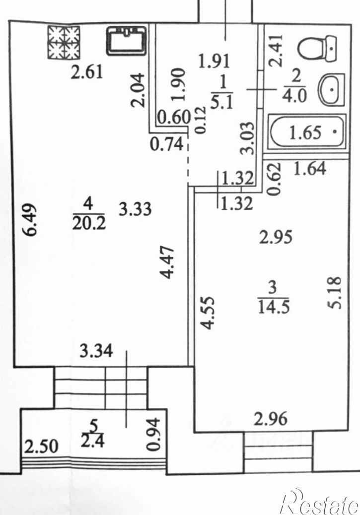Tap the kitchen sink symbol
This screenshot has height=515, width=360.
(x=126, y=41)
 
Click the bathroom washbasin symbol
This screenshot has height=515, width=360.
(x=331, y=90)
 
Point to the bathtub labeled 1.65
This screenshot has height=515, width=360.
(x=308, y=132)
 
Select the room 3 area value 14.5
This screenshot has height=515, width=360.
(x=274, y=308)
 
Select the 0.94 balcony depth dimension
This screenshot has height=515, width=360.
(x=153, y=434)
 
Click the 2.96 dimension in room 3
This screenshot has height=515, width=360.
(x=271, y=419)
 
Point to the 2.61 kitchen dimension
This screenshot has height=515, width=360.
(x=87, y=72)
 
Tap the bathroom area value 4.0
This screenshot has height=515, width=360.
(x=295, y=97)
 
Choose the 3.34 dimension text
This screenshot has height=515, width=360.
(x=96, y=351)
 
